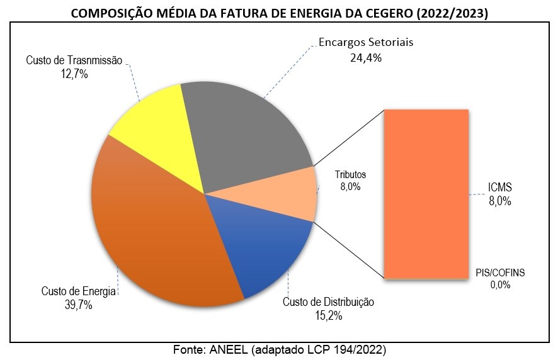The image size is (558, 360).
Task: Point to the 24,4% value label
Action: tap(366, 57)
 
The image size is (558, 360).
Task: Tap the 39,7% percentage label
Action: tap(78, 305)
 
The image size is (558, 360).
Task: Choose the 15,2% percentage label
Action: tap(327, 316)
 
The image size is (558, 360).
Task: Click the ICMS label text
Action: tap(500, 188)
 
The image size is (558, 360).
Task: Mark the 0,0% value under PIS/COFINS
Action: tap(499, 284)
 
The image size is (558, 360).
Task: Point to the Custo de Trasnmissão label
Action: tap(74, 60)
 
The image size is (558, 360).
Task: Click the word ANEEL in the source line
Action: tap(229, 349)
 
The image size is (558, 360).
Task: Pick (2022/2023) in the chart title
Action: tap(453, 12)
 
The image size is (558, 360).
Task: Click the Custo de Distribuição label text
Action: tap(328, 302)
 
